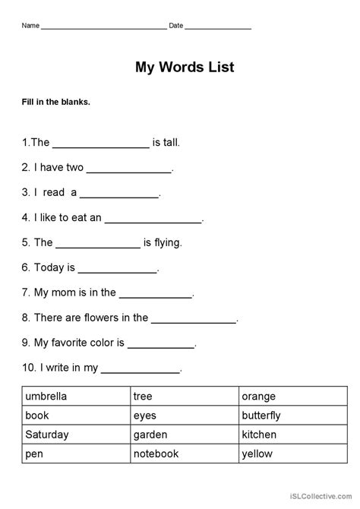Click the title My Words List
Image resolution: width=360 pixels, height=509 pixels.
coord(185,68)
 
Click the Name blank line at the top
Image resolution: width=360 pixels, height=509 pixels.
coord(103,28)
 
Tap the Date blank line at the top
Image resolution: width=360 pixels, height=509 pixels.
coord(218,28)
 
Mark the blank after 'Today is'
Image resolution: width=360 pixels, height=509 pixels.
coord(117,270)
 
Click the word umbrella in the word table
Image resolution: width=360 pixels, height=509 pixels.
coord(46,397)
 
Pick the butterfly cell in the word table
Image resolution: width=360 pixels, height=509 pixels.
coord(261,416)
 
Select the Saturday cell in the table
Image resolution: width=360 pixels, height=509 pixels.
coord(47,435)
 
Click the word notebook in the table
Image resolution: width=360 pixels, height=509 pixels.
coord(156,454)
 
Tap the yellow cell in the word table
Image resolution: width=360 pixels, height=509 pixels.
coord(257,454)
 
